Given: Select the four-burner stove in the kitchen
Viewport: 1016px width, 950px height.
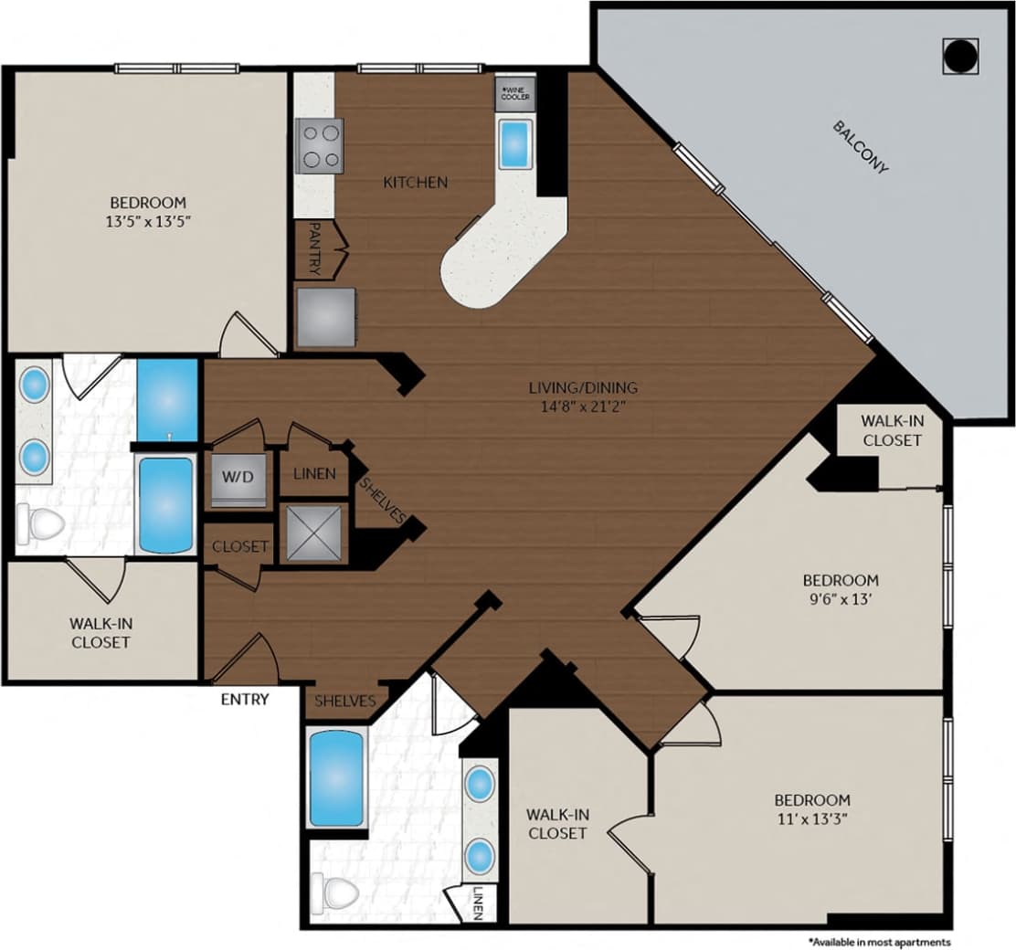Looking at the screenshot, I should (x=319, y=145).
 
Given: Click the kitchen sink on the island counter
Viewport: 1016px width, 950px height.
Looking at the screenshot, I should (x=515, y=143).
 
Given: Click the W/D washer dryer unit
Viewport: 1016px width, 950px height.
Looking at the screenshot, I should (x=238, y=477).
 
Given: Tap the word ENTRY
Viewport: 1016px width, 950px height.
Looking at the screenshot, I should (x=245, y=700).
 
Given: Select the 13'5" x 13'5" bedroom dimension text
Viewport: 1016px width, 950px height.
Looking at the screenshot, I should (x=148, y=220).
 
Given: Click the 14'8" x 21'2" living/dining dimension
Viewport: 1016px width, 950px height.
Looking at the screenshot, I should (x=583, y=406).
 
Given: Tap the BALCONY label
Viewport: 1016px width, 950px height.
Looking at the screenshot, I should (x=861, y=146).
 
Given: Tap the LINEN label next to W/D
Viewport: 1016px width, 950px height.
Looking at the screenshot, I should (x=313, y=474).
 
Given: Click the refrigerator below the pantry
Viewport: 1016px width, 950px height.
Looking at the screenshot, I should (x=325, y=316).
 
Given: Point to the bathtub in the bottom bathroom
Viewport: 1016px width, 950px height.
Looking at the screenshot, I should (x=336, y=777).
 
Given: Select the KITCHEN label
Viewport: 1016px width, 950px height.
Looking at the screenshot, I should (x=415, y=183).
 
